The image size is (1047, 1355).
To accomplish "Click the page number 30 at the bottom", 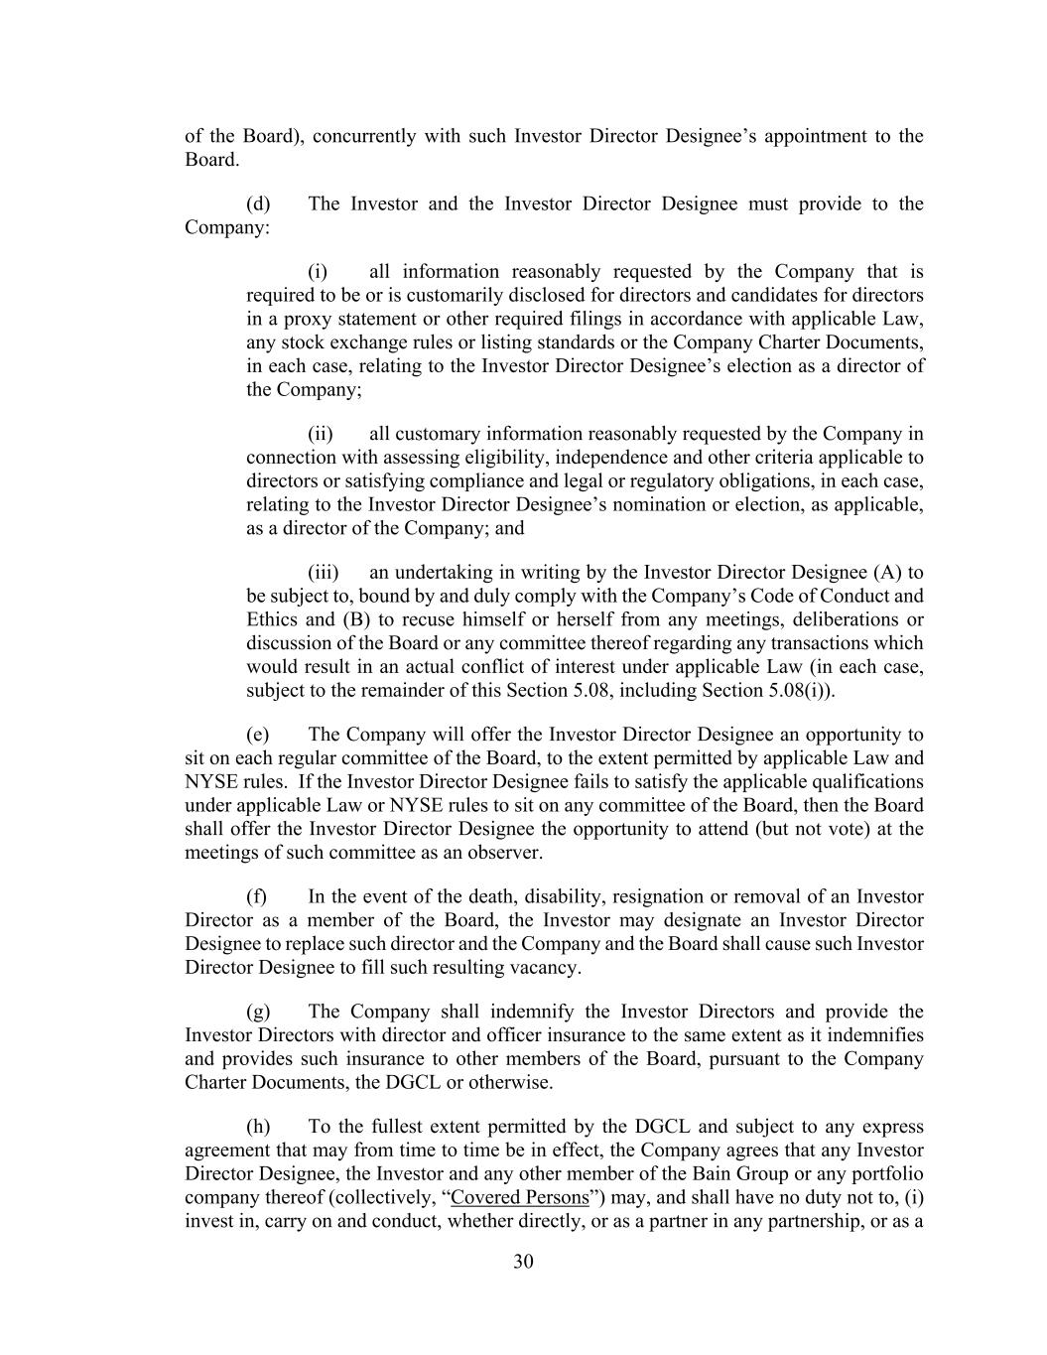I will pyautogui.click(x=523, y=1262).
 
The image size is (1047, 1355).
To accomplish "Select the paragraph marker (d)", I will pyautogui.click(x=258, y=203).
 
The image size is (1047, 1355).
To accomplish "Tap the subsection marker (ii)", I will pyautogui.click(x=320, y=433).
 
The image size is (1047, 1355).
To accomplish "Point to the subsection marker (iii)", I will pyautogui.click(x=323, y=572).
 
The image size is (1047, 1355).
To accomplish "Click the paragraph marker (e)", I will pyautogui.click(x=258, y=735).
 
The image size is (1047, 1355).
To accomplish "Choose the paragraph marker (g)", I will pyautogui.click(x=258, y=1012).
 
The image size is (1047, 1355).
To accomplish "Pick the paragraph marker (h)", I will pyautogui.click(x=258, y=1127).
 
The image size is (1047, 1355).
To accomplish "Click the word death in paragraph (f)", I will pyautogui.click(x=480, y=896).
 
